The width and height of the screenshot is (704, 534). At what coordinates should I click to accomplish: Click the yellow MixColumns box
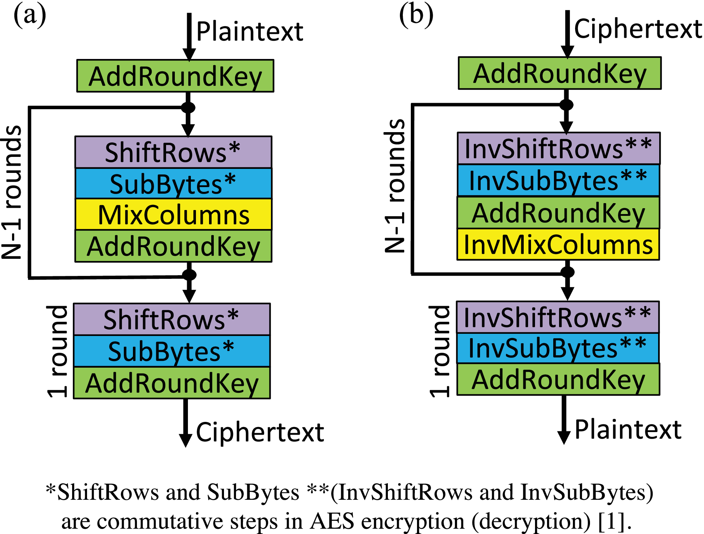tap(173, 214)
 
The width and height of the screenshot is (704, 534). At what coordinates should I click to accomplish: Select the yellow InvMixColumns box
tap(558, 244)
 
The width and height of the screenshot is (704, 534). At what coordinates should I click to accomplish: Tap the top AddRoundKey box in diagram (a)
tap(175, 76)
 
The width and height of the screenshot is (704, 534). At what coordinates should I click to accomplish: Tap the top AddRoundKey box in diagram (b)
tap(559, 73)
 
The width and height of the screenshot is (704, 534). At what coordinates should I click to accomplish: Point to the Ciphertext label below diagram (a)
tap(260, 432)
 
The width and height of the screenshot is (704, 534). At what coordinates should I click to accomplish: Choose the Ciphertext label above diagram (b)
tap(638, 29)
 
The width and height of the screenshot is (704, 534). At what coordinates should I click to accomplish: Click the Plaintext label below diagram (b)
tap(628, 430)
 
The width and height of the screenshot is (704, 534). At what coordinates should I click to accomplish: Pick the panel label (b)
tap(416, 15)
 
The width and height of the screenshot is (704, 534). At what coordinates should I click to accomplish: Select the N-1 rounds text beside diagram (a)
tap(12, 192)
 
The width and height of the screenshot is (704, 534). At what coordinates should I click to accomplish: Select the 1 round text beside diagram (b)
tap(440, 351)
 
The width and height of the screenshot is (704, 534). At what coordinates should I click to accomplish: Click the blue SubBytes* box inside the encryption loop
tap(173, 183)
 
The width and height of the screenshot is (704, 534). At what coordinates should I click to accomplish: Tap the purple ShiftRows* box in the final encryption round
tap(172, 319)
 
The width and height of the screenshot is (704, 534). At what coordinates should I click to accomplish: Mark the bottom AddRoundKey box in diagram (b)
tap(558, 379)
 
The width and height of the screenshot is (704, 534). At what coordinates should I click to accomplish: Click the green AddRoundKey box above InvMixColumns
tap(558, 213)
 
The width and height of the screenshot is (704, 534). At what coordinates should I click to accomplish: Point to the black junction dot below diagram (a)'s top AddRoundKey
tap(188, 108)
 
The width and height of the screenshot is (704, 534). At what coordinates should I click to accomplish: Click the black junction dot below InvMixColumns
tap(567, 272)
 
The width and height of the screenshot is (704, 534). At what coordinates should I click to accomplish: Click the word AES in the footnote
tap(332, 521)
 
